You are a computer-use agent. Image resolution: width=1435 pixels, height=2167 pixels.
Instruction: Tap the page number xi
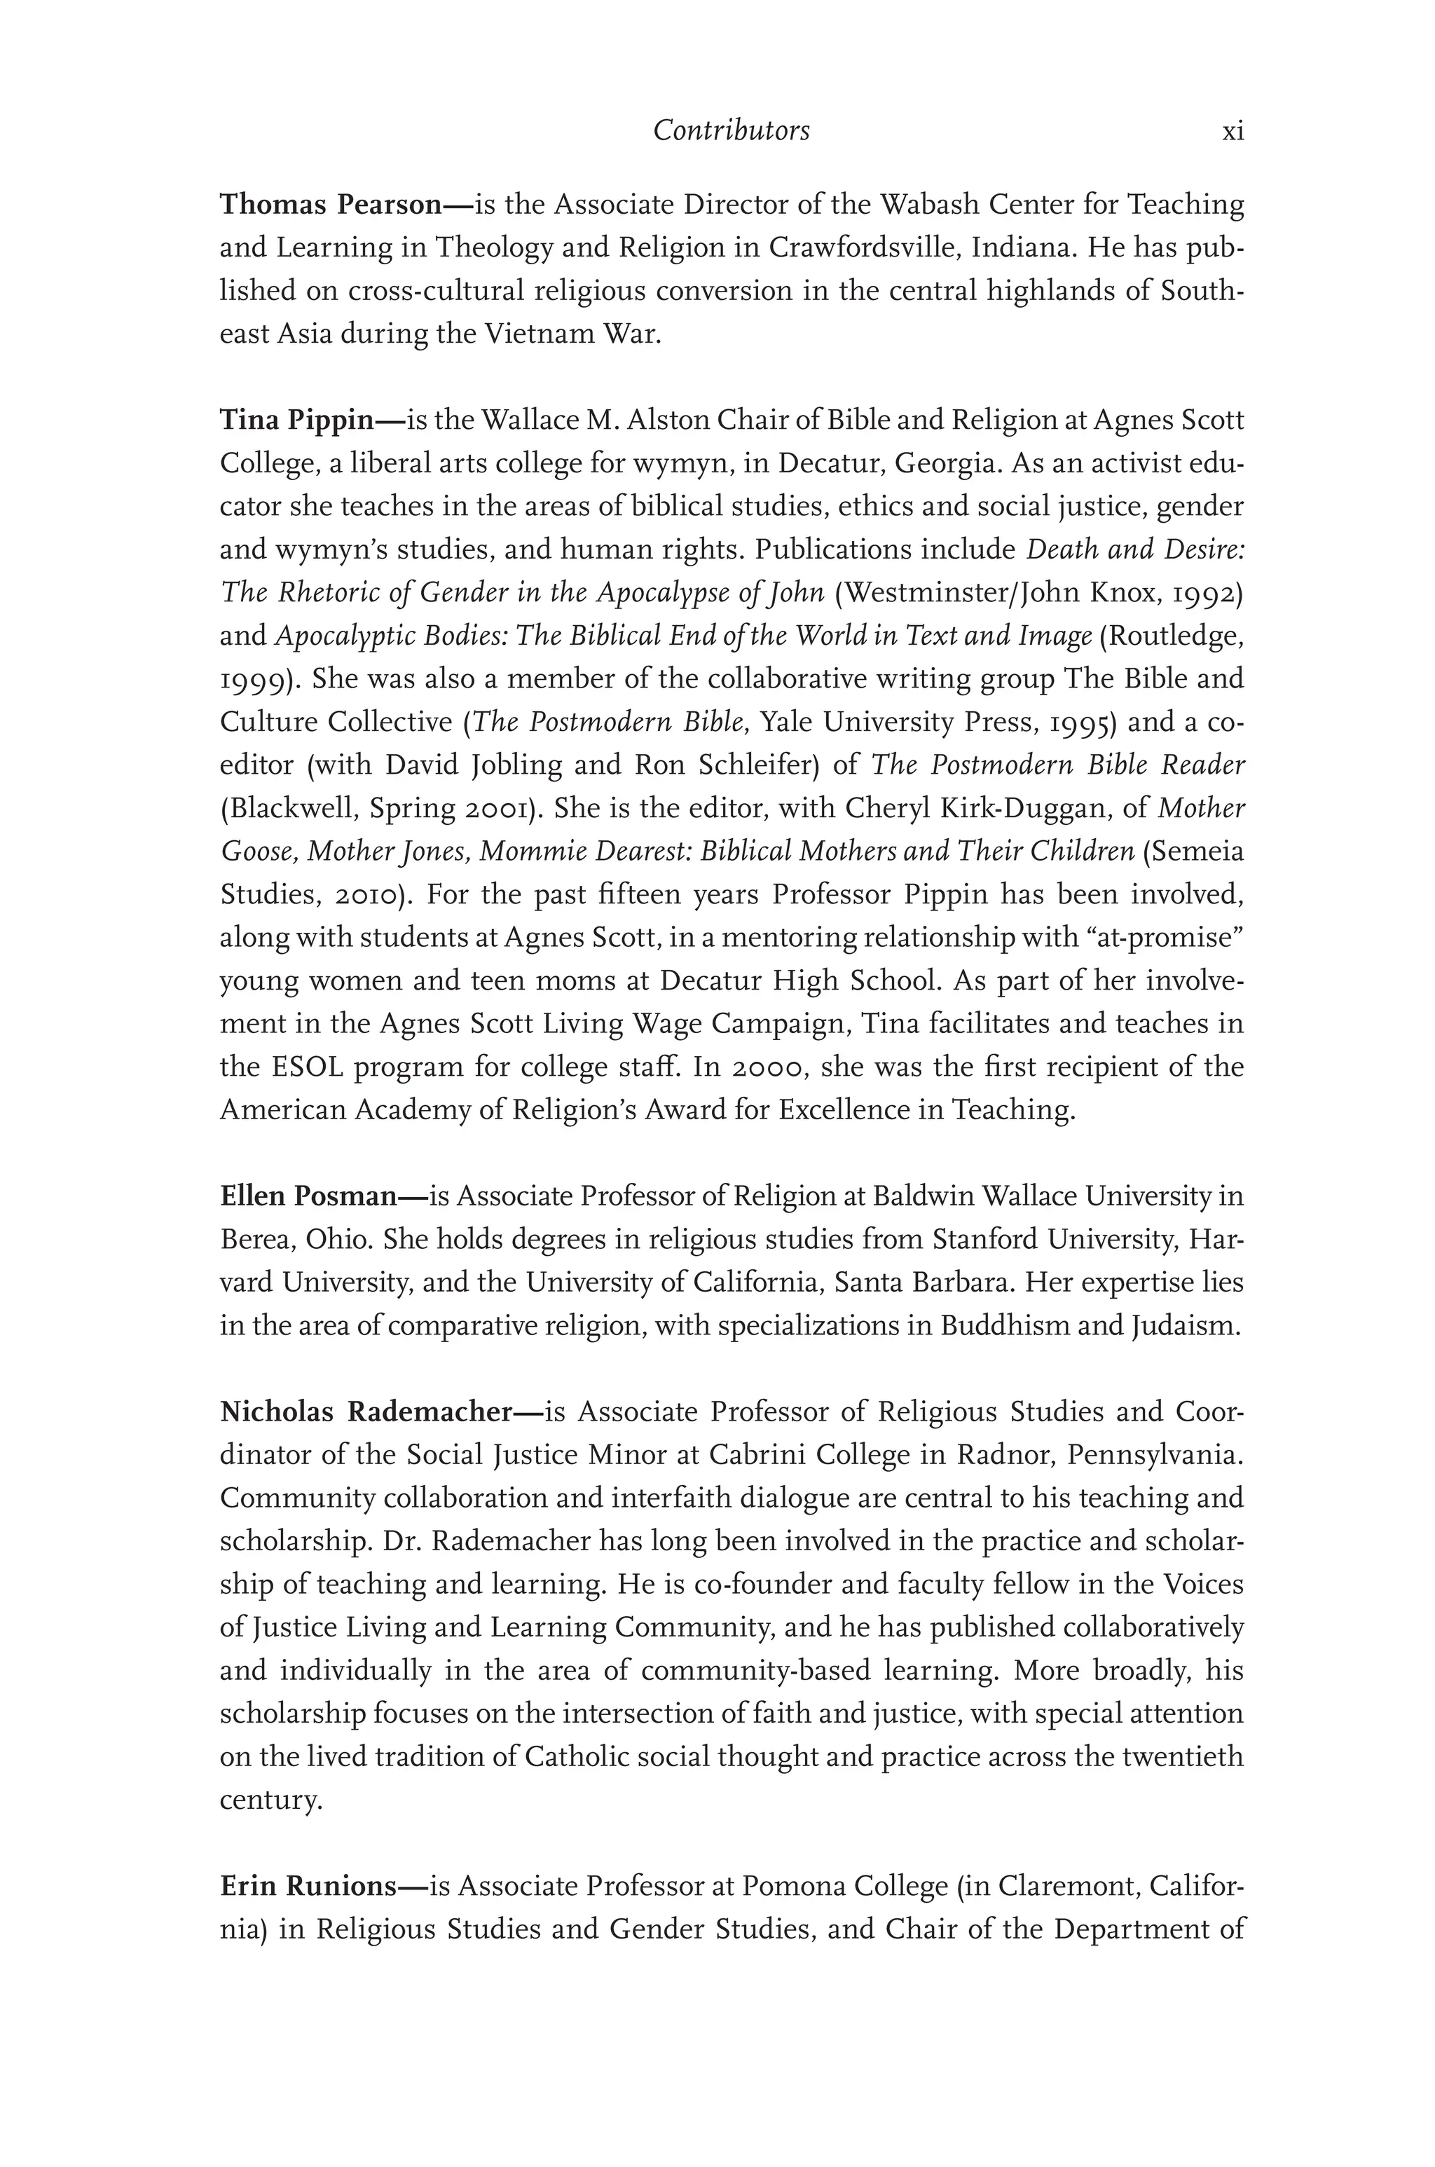(x=1233, y=132)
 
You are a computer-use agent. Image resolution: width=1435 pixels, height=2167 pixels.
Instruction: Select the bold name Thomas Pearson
(x=331, y=204)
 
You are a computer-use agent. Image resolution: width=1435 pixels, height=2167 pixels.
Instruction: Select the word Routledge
(x=1172, y=636)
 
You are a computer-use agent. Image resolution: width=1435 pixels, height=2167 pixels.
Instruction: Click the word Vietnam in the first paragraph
(x=539, y=334)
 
